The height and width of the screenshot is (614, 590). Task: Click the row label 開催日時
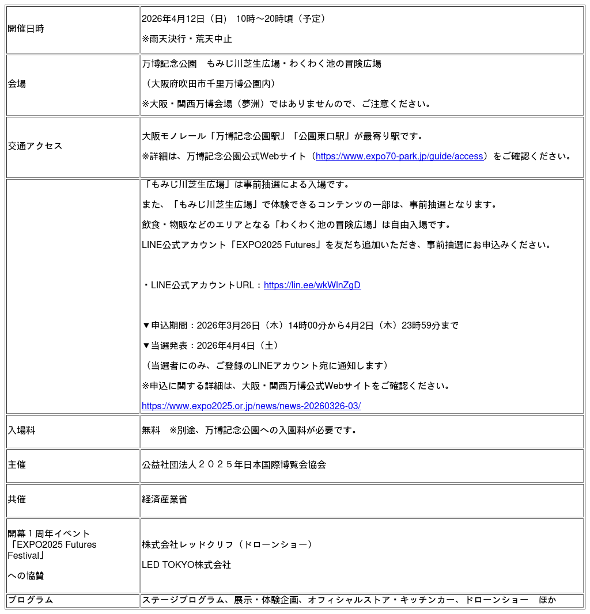(x=26, y=29)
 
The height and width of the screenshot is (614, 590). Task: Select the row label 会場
(x=17, y=84)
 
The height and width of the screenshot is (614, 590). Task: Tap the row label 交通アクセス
(x=35, y=146)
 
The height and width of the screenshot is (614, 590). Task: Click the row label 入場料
(x=21, y=430)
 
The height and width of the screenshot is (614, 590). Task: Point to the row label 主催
(x=17, y=465)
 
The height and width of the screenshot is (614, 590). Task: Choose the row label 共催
(x=17, y=499)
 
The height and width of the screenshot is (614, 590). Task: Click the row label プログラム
(x=31, y=600)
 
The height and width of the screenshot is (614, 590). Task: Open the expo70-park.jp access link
(x=399, y=157)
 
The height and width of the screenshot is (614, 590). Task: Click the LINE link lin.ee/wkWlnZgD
(x=312, y=285)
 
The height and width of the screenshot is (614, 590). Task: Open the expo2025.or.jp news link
(x=251, y=406)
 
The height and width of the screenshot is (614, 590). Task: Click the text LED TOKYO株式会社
(x=186, y=565)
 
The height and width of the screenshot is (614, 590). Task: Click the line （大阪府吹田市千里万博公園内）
(x=212, y=84)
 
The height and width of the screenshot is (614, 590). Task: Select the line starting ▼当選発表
(x=211, y=346)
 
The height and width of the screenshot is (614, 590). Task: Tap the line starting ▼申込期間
(x=300, y=326)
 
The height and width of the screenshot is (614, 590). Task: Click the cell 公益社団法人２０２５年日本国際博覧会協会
(x=234, y=465)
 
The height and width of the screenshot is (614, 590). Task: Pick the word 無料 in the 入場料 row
(x=151, y=430)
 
